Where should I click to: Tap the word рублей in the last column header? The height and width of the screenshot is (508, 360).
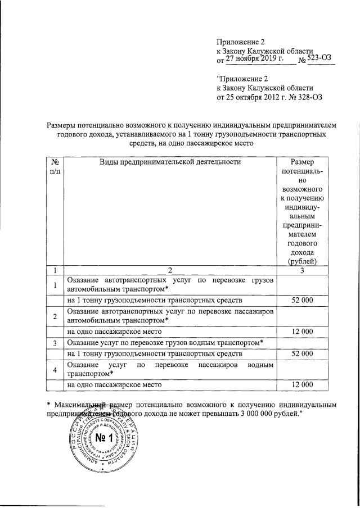(x=307, y=261)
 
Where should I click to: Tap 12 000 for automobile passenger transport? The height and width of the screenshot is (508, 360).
(x=302, y=332)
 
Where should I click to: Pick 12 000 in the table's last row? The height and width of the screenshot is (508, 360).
(x=302, y=385)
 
